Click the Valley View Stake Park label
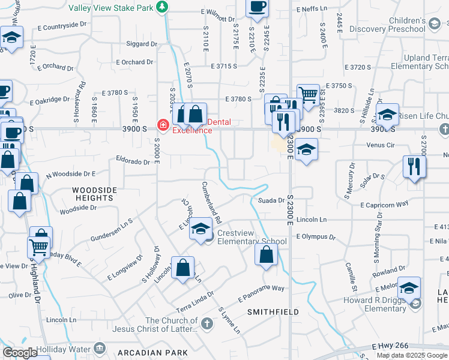(110, 8)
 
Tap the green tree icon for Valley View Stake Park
(161, 7)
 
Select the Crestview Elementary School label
(252, 237)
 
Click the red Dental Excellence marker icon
(163, 125)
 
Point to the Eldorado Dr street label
(133, 161)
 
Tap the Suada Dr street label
(271, 200)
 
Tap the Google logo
(19, 353)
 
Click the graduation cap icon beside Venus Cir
(306, 149)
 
